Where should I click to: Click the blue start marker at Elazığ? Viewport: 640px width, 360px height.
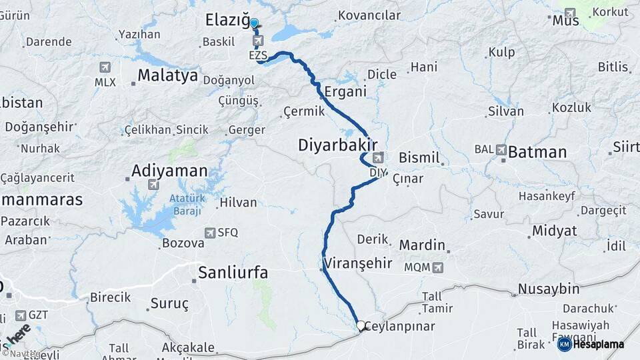[254, 23]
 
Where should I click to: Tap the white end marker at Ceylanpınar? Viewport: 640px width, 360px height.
[361, 326]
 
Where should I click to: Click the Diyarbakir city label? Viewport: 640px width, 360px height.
[338, 145]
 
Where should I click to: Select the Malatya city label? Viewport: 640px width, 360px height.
[168, 75]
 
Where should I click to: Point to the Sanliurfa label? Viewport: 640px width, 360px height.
[233, 272]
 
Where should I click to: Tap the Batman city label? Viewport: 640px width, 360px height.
[537, 152]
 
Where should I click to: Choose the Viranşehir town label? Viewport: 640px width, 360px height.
[359, 263]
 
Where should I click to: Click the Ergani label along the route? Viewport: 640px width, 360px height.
[346, 91]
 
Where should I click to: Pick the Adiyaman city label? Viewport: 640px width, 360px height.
[169, 171]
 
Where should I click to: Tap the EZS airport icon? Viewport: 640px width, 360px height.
[257, 42]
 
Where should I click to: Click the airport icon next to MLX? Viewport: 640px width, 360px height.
[105, 67]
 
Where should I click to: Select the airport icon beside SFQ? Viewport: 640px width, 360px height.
[211, 232]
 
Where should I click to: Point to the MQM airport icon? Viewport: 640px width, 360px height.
[437, 267]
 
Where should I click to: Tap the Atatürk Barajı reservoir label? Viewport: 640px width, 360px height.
[185, 204]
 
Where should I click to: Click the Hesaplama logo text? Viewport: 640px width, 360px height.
[598, 344]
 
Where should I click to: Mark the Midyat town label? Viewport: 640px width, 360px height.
[554, 231]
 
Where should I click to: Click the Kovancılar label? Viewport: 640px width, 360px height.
[369, 15]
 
